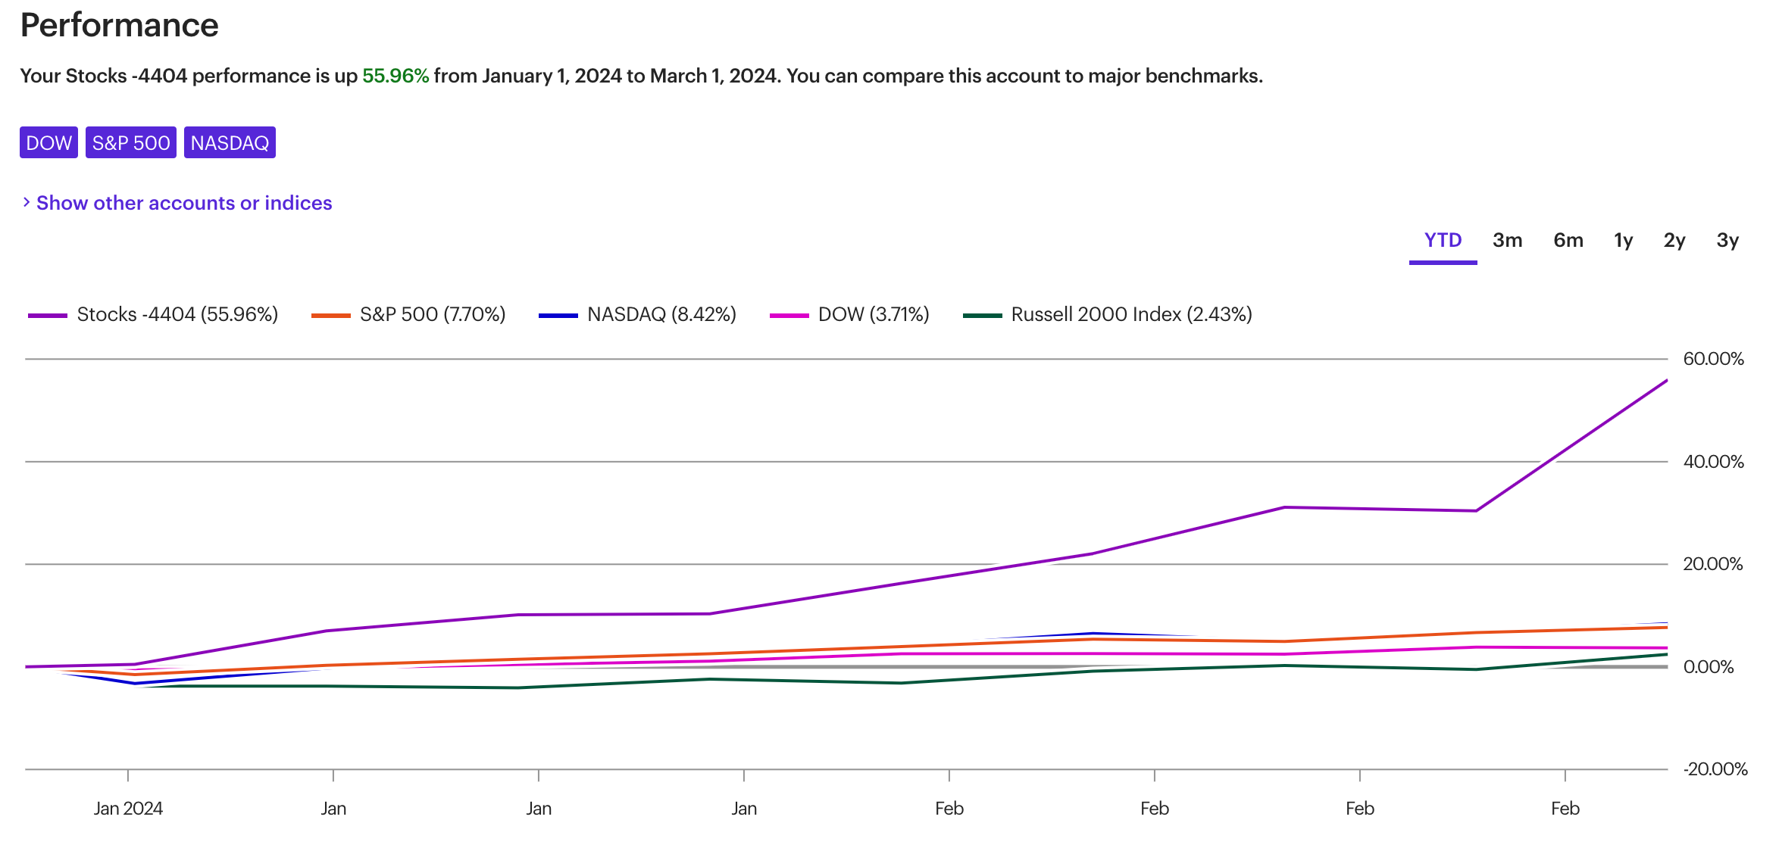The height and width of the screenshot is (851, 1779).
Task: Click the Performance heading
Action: [119, 26]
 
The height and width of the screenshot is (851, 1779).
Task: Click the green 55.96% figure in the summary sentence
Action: [395, 76]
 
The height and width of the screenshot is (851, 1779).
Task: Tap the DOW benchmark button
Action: [48, 142]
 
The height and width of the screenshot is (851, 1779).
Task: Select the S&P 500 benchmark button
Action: [131, 142]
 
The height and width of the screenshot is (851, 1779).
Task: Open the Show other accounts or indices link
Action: [183, 203]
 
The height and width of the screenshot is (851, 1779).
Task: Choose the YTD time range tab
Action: [1443, 241]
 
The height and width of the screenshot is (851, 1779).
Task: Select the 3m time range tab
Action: [1507, 241]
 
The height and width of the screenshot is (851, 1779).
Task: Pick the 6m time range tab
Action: [1568, 241]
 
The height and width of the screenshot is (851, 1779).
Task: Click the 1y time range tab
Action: [1623, 241]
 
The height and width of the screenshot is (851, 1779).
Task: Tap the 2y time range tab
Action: [1674, 241]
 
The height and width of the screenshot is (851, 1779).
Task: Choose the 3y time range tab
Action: [1727, 241]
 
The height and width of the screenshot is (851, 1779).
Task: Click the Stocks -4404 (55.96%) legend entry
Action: [177, 314]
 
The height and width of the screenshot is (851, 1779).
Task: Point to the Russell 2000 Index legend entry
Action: [1130, 314]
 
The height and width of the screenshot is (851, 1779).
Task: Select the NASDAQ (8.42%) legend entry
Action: [661, 314]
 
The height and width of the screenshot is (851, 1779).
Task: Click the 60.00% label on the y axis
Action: [1713, 359]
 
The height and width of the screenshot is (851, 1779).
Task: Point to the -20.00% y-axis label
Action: [1715, 769]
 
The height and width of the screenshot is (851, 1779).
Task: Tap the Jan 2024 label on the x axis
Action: [128, 809]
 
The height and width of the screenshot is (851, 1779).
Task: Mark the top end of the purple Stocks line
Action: [1666, 381]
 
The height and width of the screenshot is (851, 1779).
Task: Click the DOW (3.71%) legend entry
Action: [873, 314]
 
